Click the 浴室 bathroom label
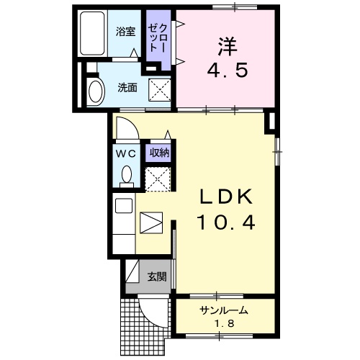126,31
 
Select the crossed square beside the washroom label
159,89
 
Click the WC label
127,153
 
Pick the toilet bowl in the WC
127,175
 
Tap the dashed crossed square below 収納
158,177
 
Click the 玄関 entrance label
156,276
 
